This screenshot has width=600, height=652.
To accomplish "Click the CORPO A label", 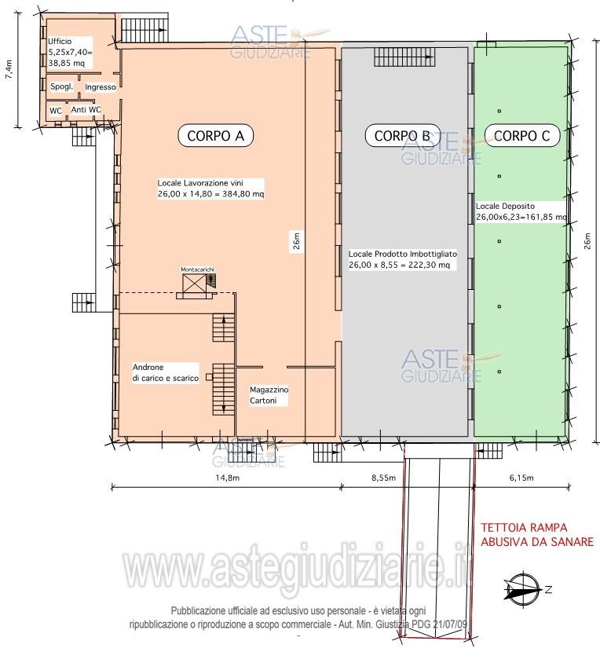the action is point(215,136).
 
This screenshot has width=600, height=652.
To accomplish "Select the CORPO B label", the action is point(402,136).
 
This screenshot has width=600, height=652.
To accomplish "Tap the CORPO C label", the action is point(521,136).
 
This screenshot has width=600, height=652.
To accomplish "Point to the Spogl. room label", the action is point(61,86).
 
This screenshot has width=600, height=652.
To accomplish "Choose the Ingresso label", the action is point(101,87).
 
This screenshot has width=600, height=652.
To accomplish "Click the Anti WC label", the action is point(86,110).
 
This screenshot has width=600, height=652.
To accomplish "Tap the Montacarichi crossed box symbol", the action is point(194,284).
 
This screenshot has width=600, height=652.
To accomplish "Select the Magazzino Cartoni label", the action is point(269,395).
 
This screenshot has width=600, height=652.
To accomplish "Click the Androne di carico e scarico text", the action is point(166,372).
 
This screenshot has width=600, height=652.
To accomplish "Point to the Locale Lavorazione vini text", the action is point(210,189).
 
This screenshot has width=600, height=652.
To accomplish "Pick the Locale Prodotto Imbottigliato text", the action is point(403,259).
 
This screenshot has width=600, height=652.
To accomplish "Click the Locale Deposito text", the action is point(521,211).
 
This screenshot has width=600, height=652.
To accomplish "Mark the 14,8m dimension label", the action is point(227,478).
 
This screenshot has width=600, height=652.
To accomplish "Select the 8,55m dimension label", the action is point(383,478).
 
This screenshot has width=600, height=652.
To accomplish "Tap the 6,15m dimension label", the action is point(521,478).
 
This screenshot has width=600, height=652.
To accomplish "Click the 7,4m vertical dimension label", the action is point(9,69).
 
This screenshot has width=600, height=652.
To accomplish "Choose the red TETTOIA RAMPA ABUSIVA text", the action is point(537,535).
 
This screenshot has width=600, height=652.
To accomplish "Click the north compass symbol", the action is point(525,590).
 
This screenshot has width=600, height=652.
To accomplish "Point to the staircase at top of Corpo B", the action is point(404,57).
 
